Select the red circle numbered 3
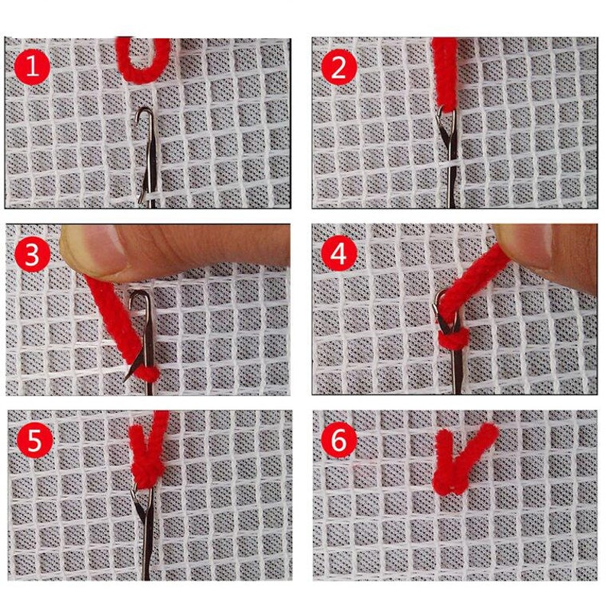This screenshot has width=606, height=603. (x=32, y=255)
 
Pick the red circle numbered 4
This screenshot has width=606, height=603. (x=339, y=255)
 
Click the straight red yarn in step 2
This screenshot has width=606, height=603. (x=444, y=73)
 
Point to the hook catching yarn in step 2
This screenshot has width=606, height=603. (x=446, y=114)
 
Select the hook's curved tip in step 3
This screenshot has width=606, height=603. (x=140, y=297)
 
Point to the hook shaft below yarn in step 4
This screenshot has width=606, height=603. (x=456, y=374)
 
